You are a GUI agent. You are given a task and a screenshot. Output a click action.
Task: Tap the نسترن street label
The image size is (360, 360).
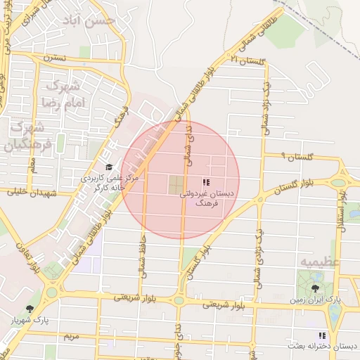tap(53, 56)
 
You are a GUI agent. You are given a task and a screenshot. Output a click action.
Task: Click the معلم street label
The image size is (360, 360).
tap(32, 165)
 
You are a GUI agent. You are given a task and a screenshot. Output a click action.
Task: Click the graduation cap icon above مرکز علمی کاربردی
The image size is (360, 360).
tap(108, 167)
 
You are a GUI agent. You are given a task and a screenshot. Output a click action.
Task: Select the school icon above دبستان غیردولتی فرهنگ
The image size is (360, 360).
tap(205, 182)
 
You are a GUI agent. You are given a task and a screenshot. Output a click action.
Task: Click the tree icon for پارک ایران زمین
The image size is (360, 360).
tap(314, 288)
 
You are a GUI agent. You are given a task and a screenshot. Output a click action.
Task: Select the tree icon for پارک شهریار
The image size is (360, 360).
tap(30, 309)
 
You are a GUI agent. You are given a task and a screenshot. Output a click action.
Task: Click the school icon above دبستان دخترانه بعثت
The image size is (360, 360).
tap(321, 336)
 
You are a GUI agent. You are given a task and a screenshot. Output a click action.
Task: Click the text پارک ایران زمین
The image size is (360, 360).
tap(321, 300)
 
